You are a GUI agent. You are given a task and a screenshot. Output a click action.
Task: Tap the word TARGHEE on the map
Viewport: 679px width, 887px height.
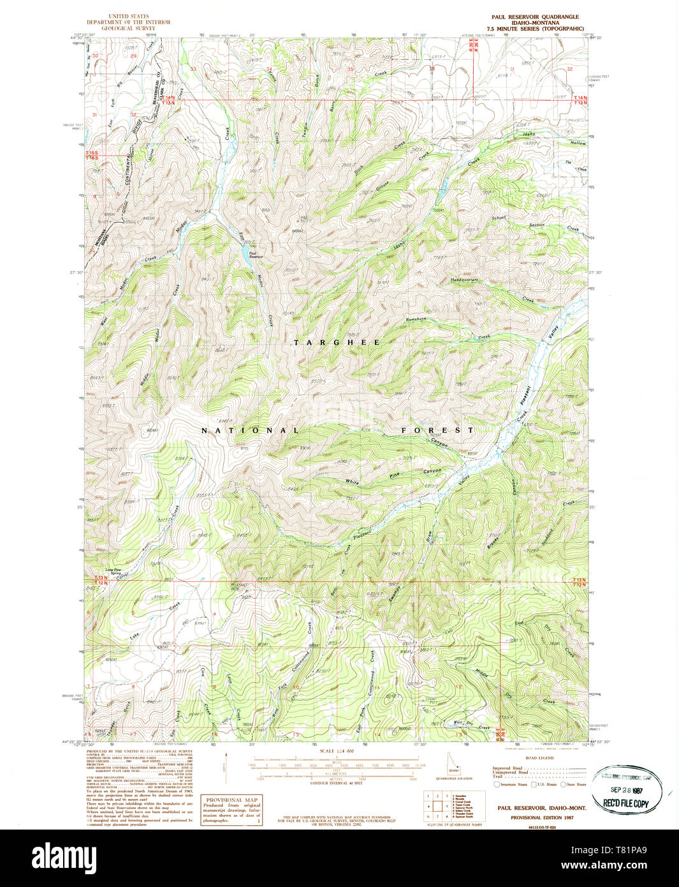click(x=337, y=343)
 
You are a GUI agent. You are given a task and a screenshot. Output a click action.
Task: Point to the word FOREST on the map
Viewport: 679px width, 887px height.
click(x=437, y=430)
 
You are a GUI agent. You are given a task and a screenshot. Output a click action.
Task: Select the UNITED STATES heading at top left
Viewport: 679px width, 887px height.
click(x=128, y=16)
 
